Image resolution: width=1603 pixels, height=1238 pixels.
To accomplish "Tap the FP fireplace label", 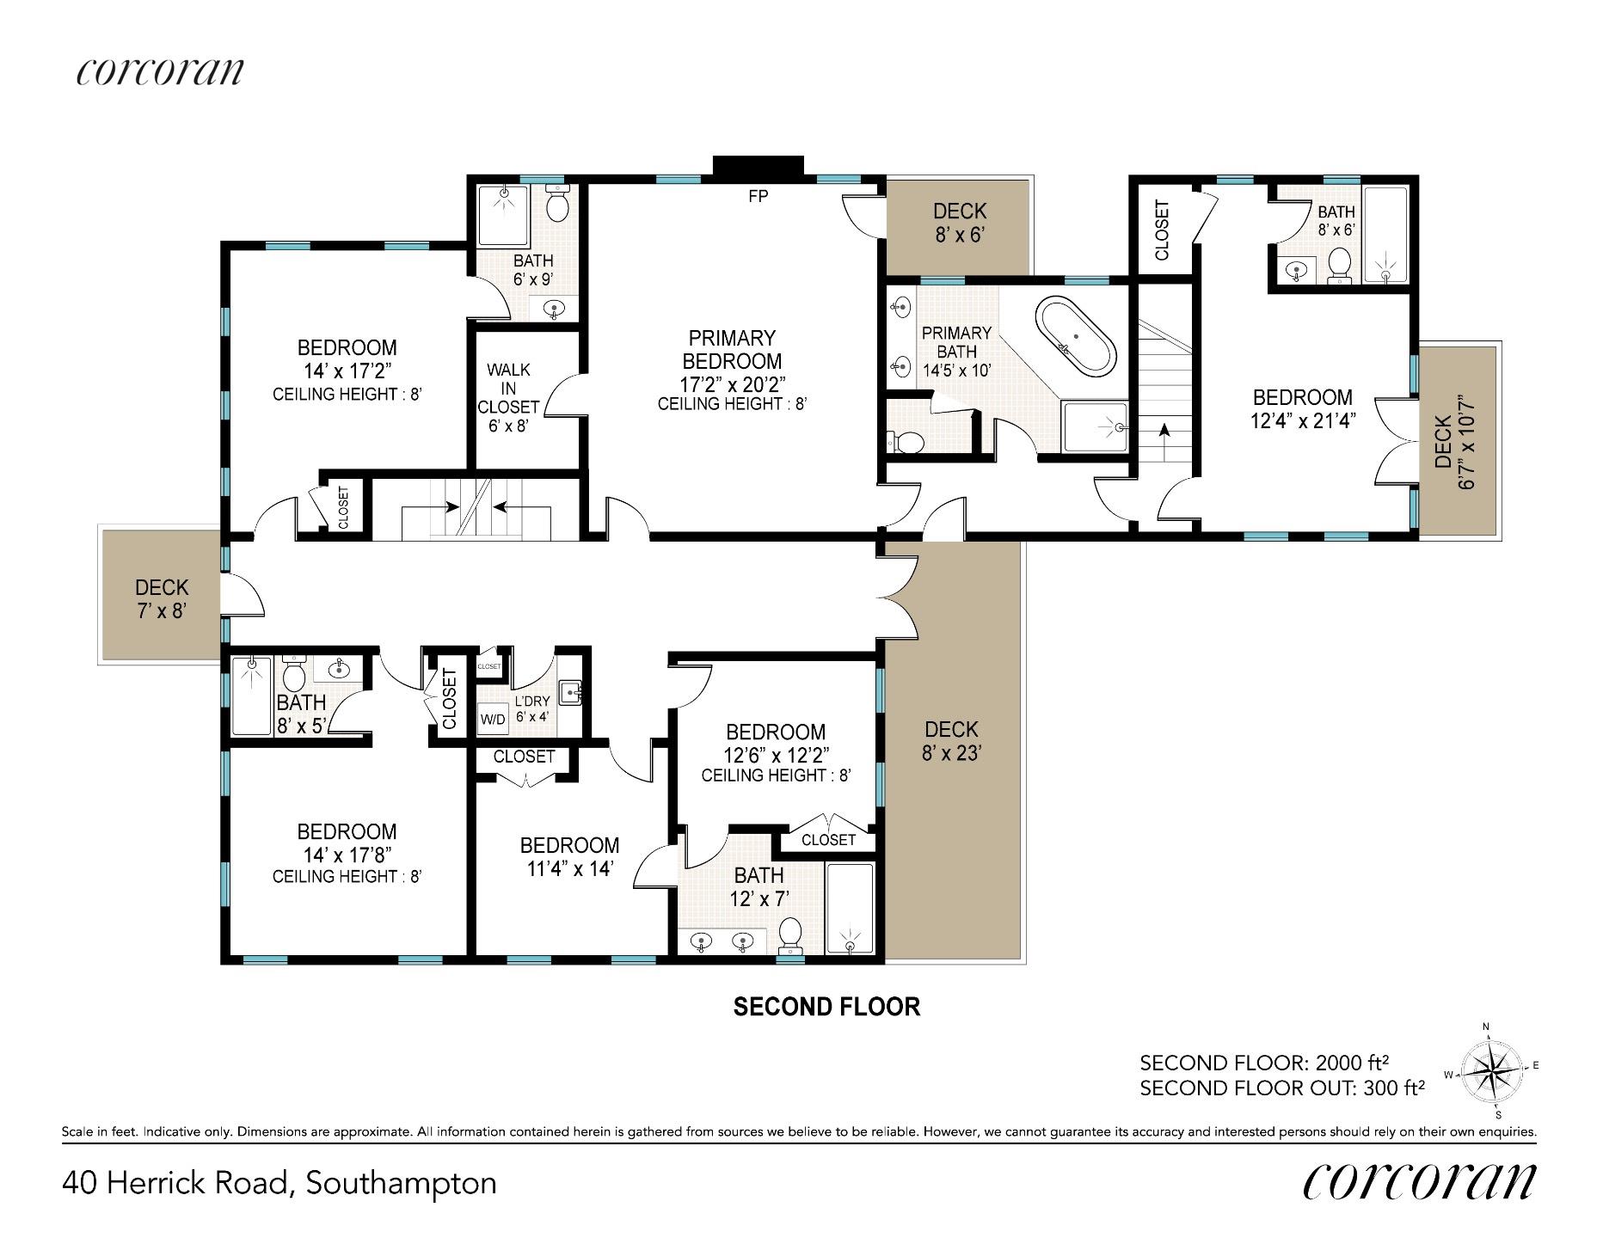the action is (x=758, y=196).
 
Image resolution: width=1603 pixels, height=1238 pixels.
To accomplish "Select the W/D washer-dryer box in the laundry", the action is (x=493, y=719).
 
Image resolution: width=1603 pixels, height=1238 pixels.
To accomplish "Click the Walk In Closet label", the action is (x=508, y=397).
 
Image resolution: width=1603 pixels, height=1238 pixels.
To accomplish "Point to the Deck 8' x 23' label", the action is (x=951, y=741).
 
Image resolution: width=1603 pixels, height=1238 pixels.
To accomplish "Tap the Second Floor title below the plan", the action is (x=826, y=1006).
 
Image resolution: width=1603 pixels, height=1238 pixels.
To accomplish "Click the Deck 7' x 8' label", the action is (x=162, y=599).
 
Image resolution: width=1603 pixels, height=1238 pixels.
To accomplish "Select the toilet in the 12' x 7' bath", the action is (x=789, y=936).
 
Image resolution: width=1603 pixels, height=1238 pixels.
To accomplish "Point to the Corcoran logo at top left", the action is (x=160, y=71).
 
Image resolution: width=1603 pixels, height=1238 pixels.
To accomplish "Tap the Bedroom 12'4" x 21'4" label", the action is (x=1302, y=409).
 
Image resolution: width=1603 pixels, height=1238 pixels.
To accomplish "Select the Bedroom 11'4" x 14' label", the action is (x=569, y=856).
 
